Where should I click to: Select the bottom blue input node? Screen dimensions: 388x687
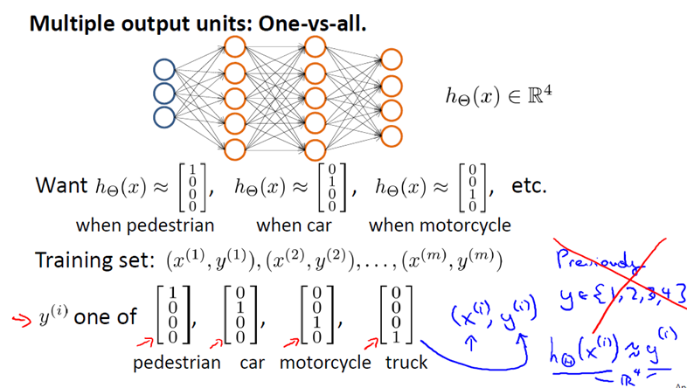click(164, 117)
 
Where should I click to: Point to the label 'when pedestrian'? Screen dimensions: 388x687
click(144, 225)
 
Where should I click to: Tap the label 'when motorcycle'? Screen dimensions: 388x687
click(440, 225)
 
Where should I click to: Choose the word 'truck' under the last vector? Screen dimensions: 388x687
click(406, 362)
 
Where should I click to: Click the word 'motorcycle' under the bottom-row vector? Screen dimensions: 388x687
click(323, 362)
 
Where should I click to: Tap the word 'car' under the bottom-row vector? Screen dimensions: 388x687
click(251, 362)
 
